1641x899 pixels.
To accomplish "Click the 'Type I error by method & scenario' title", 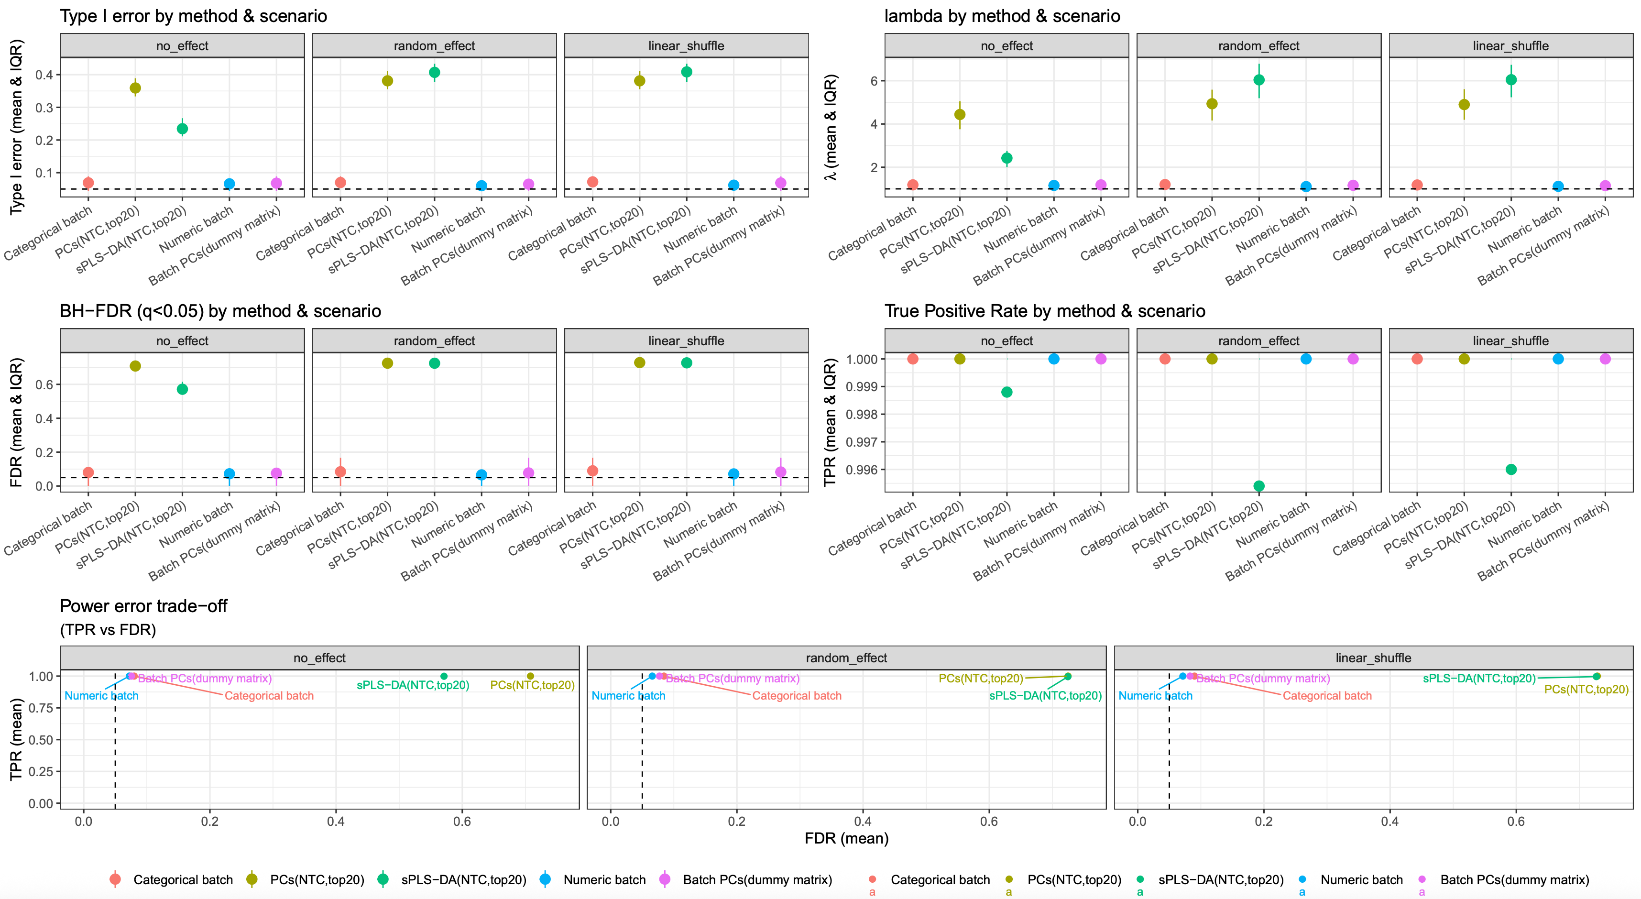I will click(193, 16).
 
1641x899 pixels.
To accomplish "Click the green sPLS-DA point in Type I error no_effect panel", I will click(182, 129).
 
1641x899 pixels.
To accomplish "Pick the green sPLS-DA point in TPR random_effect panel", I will click(1259, 486).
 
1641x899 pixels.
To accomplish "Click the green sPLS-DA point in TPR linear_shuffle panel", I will click(1511, 470).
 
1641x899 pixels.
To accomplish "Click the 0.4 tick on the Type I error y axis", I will click(44, 75).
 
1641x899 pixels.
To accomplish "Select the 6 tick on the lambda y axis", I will click(874, 81).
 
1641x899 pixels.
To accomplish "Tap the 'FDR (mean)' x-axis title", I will click(846, 838).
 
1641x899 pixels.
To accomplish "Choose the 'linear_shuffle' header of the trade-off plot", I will click(1373, 658).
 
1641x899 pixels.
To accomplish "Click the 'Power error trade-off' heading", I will click(143, 606).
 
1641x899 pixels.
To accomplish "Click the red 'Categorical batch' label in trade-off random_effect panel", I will click(796, 696).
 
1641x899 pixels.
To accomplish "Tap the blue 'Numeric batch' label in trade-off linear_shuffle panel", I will click(1155, 696).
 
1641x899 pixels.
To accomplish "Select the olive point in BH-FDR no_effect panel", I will click(135, 366).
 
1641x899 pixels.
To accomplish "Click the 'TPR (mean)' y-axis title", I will click(17, 739).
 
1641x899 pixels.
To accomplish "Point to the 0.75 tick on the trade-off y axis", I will click(41, 708).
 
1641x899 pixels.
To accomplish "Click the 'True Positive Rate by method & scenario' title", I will click(1045, 311).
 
